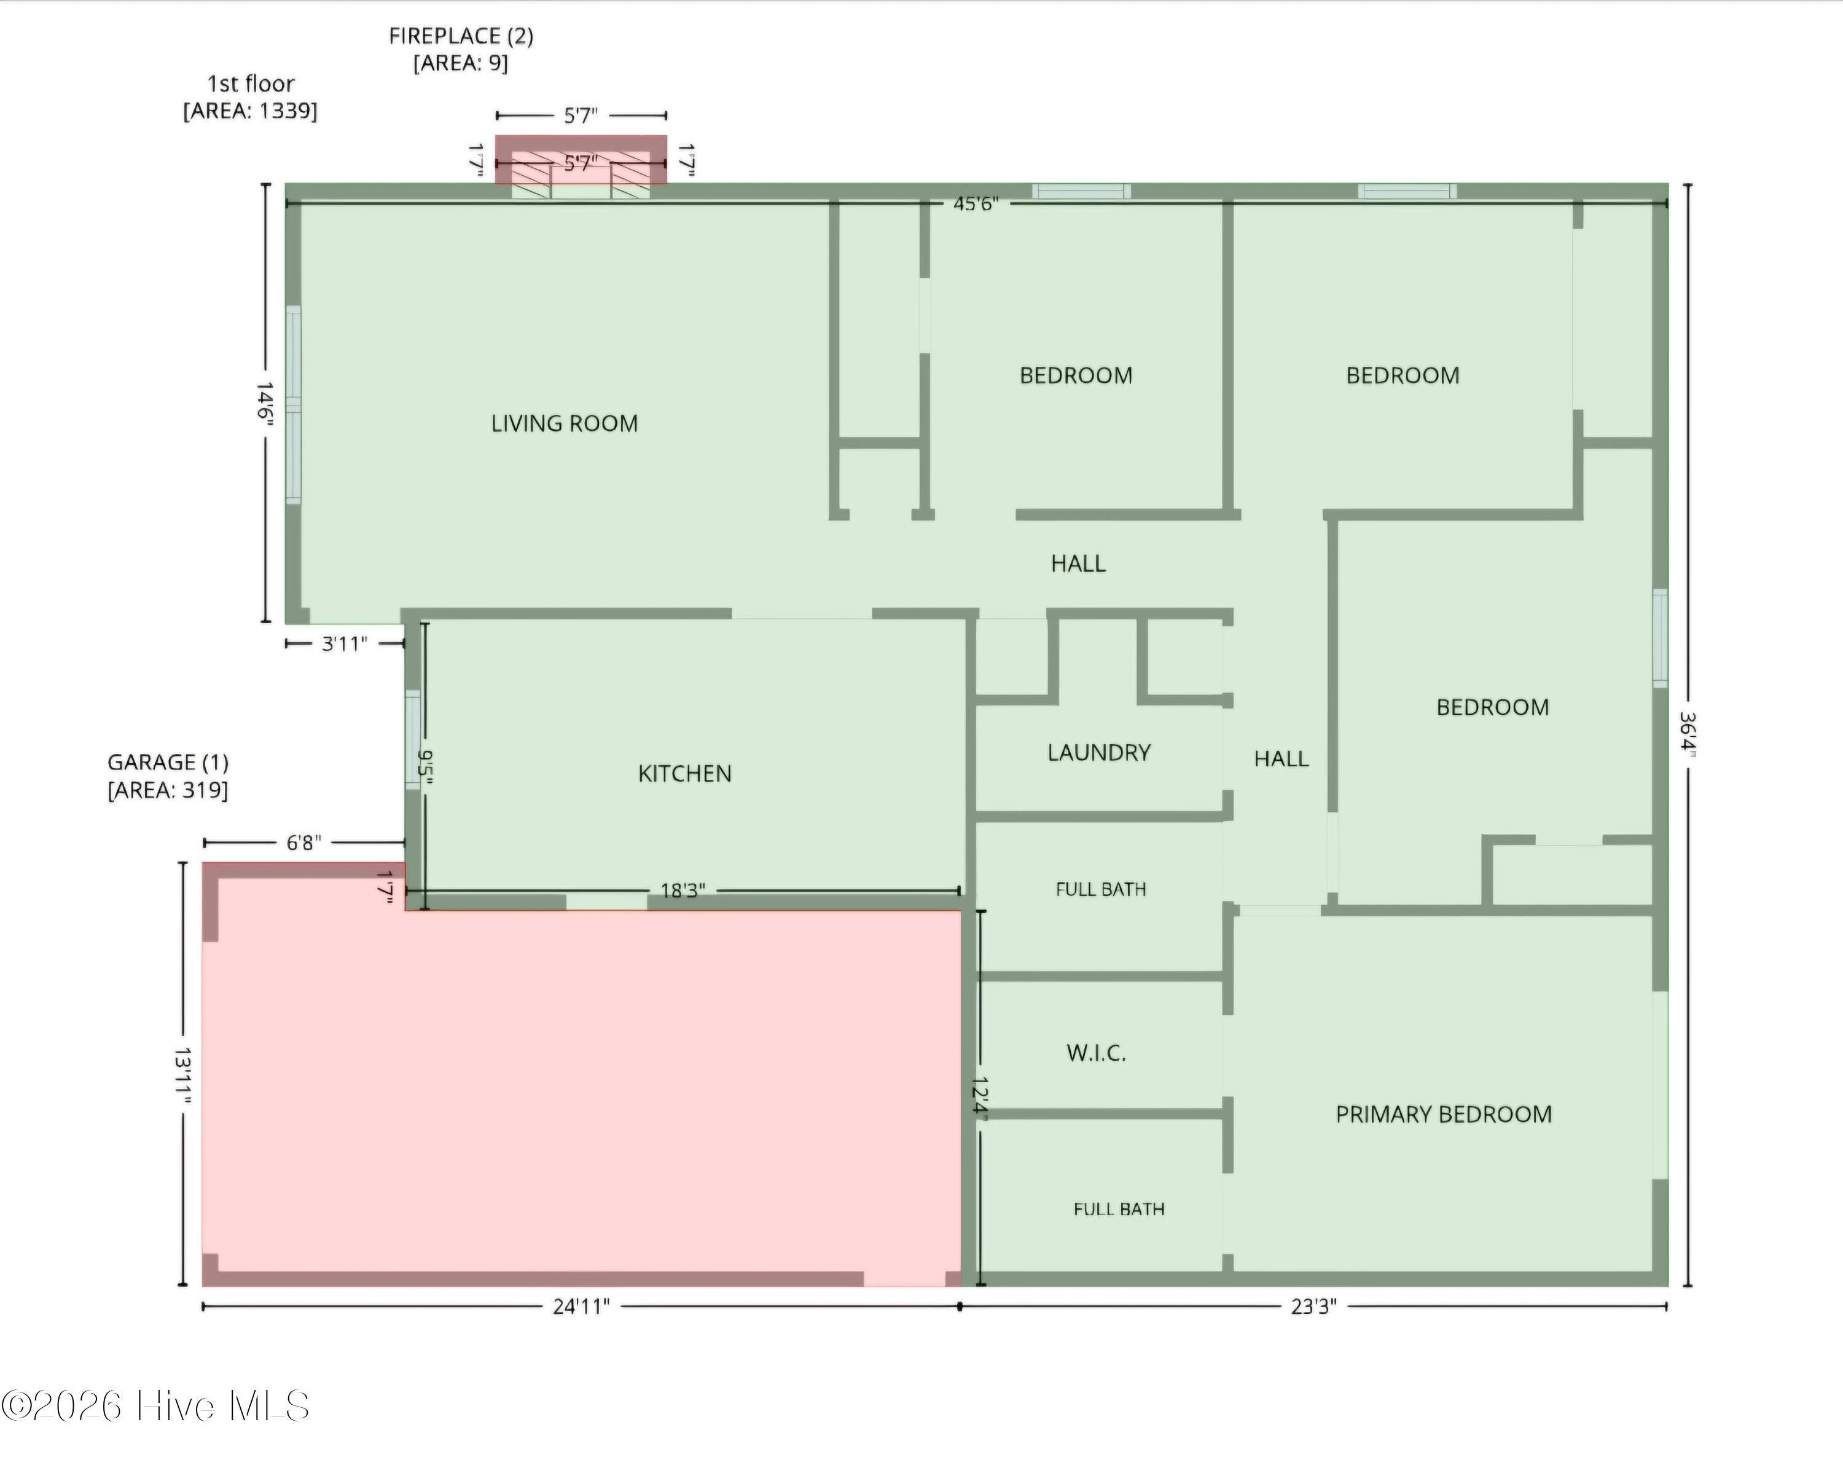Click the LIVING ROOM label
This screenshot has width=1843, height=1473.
[x=564, y=423]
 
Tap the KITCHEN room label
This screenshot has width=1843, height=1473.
[x=685, y=774]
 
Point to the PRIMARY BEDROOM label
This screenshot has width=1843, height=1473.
[x=1444, y=1114]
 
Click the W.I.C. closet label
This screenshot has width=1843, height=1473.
[x=1096, y=1053]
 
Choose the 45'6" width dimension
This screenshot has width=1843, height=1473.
[x=976, y=203]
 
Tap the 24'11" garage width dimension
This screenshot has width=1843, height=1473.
[x=581, y=1306]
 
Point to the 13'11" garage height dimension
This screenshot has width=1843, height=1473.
[x=182, y=1075]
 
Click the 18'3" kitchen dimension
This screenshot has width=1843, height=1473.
[x=683, y=891]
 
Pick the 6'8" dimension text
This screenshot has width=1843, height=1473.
[x=303, y=843]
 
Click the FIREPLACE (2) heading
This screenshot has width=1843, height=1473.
[x=461, y=36]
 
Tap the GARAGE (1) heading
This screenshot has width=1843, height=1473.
[x=168, y=763]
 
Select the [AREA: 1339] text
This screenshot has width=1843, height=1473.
[x=251, y=111]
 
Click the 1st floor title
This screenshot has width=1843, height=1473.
[x=251, y=84]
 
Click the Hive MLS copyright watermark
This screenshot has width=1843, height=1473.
[x=155, y=1406]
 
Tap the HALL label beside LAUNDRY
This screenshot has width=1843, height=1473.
[x=1281, y=758]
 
